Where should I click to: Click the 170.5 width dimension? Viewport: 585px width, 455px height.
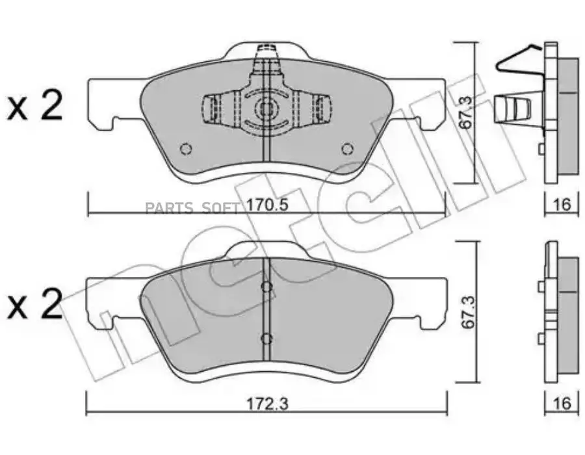point(268,205)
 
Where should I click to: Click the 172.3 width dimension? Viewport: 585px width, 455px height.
point(268,404)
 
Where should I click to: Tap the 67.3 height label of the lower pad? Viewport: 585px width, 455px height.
point(467,312)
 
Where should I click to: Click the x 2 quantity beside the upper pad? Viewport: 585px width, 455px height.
point(34,106)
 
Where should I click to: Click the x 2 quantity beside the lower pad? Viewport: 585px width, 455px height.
point(34,305)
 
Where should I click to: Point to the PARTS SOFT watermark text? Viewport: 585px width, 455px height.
point(192,208)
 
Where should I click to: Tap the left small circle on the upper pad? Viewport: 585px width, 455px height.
point(185,149)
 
